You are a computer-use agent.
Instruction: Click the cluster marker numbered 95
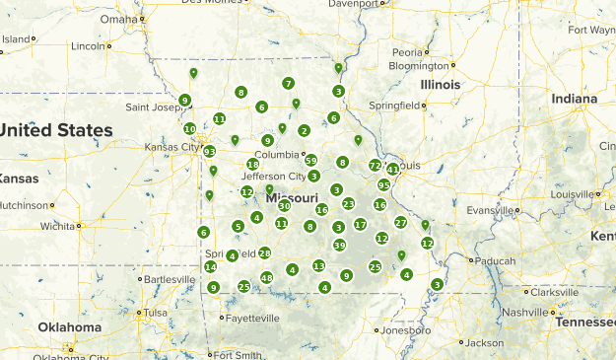coord(384,184)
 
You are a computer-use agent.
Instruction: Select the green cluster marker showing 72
coord(375,165)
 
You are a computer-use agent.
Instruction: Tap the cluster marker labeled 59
coord(310,160)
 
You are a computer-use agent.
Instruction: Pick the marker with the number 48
coord(267,278)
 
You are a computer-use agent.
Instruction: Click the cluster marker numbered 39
coord(339,245)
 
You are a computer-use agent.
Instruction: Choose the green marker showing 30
coord(284,206)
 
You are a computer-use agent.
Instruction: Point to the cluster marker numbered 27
coord(400,223)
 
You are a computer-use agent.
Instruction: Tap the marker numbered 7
coord(288,84)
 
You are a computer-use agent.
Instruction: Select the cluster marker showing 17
coord(360,225)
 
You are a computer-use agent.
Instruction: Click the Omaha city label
coord(118,19)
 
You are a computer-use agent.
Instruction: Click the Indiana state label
coord(574,99)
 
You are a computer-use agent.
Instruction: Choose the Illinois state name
coord(440,85)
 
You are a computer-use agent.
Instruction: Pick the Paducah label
coord(493,261)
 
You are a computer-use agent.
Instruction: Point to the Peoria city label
coord(407,52)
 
